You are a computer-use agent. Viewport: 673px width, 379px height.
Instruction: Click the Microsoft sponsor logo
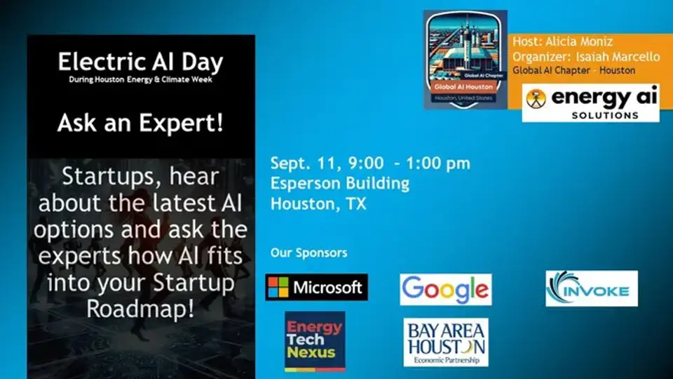(x=316, y=287)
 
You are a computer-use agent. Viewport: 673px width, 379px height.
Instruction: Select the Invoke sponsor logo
(x=592, y=288)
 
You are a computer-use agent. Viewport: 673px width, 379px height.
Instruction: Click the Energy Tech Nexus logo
(x=315, y=341)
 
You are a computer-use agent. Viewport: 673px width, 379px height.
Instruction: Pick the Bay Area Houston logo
(x=445, y=343)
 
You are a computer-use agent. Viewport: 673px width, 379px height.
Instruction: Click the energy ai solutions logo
(x=590, y=102)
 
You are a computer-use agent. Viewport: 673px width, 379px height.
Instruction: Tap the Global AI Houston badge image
(x=465, y=59)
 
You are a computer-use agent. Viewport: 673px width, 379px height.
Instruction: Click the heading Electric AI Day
(x=140, y=62)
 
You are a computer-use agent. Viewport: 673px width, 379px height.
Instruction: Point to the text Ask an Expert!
(x=140, y=124)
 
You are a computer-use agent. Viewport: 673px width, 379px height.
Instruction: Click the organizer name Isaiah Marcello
(x=616, y=56)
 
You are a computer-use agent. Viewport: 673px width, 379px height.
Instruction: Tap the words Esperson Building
(x=340, y=184)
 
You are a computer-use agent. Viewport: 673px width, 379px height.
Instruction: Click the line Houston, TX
(x=318, y=204)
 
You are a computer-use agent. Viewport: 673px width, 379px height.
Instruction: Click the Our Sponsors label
(x=308, y=253)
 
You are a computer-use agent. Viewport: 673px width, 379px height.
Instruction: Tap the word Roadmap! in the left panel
(x=140, y=310)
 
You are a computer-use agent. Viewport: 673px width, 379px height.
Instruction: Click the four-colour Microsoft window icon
(x=278, y=287)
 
